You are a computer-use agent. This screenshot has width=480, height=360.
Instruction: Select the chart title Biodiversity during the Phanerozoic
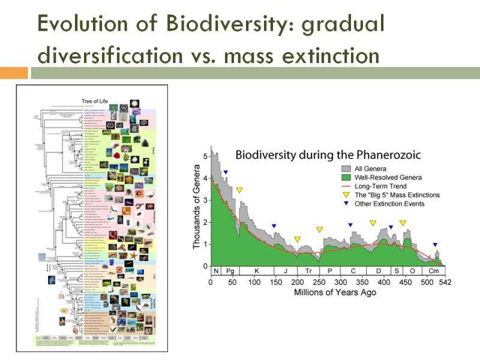(x=328, y=155)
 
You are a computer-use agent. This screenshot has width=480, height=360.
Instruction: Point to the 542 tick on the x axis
(x=445, y=282)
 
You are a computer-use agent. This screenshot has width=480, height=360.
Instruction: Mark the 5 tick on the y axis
(x=205, y=157)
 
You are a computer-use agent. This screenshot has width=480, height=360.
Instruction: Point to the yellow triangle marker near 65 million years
(x=239, y=190)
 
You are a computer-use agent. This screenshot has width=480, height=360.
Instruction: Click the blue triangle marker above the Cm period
(x=435, y=245)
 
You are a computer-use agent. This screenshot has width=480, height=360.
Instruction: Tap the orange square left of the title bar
(x=14, y=73)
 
